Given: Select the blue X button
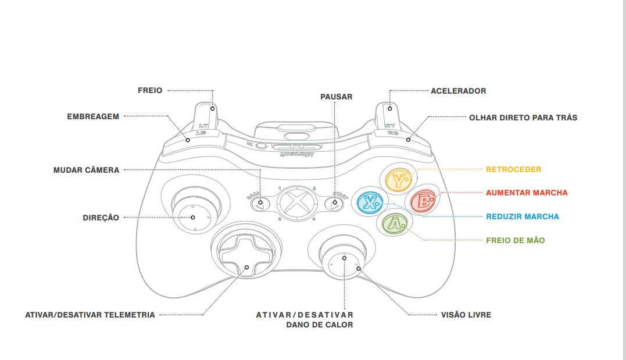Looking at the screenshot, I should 370,202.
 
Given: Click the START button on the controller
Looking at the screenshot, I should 334,204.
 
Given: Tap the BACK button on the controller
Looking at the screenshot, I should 260,204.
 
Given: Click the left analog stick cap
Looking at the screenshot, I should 192,216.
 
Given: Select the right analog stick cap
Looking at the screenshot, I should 344,262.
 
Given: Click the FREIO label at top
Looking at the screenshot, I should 150,91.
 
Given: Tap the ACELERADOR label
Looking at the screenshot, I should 458,91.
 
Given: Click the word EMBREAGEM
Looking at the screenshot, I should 93,116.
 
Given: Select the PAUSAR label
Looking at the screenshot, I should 336,97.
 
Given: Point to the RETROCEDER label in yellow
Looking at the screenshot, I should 513,170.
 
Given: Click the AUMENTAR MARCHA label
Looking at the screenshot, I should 527,193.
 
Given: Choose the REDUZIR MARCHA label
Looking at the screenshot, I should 523,217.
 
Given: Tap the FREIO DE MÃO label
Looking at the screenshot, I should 516,240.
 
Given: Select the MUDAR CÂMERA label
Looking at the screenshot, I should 86,170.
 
